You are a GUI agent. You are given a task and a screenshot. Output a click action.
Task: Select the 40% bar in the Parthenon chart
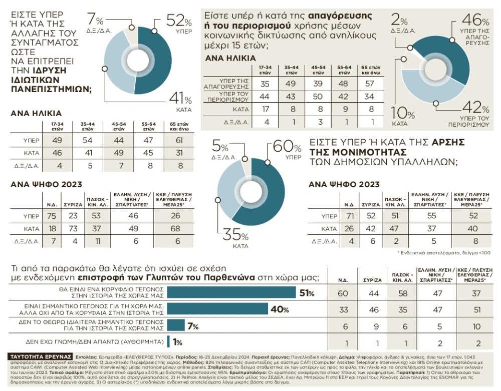point(217,309)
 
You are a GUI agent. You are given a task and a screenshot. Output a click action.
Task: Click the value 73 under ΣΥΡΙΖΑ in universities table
point(73,229)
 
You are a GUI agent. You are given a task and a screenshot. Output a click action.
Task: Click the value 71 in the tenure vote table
point(350,216)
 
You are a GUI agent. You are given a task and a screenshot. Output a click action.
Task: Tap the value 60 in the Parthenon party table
point(343,293)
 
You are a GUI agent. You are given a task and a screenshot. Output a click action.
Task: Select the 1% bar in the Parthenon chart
point(168,342)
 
